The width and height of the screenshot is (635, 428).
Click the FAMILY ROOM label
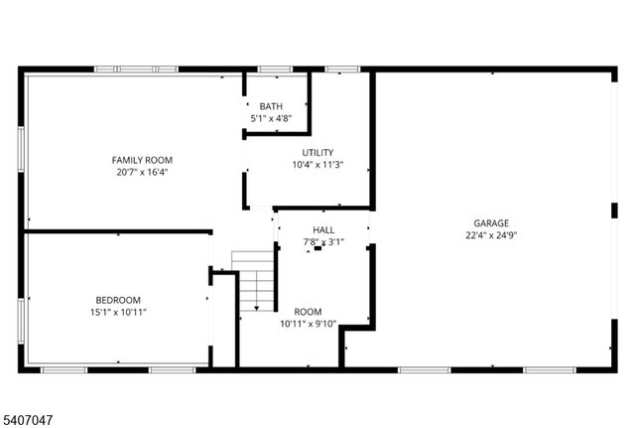[x=142, y=160]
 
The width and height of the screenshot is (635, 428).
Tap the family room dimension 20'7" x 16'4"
[x=142, y=172]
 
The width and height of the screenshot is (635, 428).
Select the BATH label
[x=270, y=106]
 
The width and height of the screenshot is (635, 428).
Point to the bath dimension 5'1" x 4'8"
[x=270, y=118]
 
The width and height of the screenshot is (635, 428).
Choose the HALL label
[x=323, y=229]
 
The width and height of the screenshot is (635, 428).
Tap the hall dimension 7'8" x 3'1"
[x=323, y=241]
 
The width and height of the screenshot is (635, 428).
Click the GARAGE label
[x=491, y=223]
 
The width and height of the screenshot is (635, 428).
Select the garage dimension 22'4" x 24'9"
[x=491, y=235]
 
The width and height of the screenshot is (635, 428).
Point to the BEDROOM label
[x=118, y=300]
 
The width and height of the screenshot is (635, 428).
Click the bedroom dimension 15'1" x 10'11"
[x=118, y=312]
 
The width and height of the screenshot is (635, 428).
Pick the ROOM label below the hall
[x=308, y=312]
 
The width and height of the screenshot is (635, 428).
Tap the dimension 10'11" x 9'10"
[x=308, y=324]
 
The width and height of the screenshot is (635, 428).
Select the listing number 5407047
[x=30, y=420]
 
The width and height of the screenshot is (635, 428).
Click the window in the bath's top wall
[x=274, y=70]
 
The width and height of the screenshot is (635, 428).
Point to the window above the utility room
[x=341, y=70]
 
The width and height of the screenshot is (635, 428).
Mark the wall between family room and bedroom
[x=117, y=232]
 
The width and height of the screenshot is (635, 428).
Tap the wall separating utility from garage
[x=372, y=139]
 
